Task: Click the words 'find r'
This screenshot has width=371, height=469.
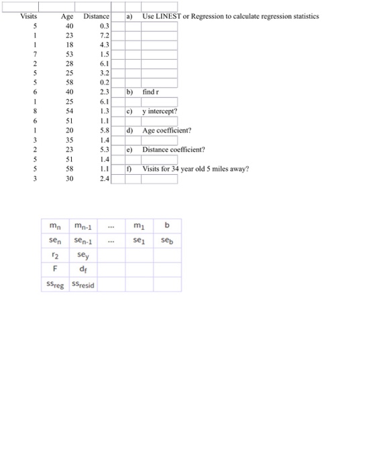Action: (x=150, y=90)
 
